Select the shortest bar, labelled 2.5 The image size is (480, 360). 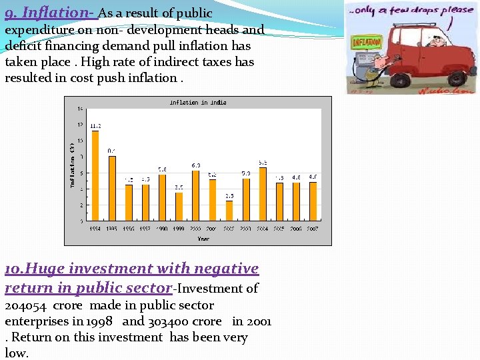tap(229, 210)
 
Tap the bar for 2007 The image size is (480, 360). tap(313, 201)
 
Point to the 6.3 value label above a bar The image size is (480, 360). tap(196, 165)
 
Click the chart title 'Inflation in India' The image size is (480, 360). tap(198, 103)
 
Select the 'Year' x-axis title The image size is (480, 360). tap(203, 238)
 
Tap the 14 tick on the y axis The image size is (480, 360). tap(80, 109)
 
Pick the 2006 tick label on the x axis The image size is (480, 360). tap(296, 228)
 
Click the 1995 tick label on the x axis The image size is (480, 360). tap(112, 228)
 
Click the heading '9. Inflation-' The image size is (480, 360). tap(51, 13)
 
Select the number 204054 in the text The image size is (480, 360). tap(25, 305)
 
